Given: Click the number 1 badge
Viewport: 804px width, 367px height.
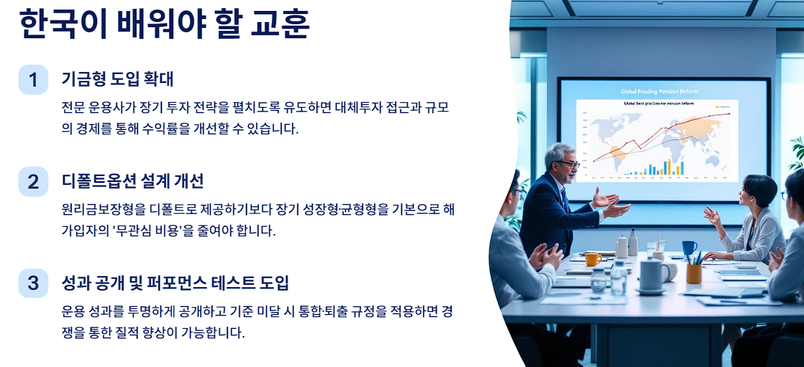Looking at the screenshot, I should coord(33,79).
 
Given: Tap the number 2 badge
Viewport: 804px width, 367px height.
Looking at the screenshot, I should coord(33,181).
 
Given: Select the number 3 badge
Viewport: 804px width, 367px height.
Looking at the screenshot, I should coord(33,283).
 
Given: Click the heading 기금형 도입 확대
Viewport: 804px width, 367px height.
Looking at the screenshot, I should coord(117,79).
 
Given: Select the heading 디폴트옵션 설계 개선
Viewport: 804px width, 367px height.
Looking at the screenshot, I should coord(133,181).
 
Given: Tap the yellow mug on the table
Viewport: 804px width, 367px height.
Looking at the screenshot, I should coord(593,259).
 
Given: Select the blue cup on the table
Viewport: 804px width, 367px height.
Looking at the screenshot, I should coord(689,247).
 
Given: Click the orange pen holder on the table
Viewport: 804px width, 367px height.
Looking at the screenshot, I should coord(694,273).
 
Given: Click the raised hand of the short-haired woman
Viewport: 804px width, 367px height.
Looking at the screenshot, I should coord(711,215).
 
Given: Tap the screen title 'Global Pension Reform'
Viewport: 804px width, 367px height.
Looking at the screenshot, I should coord(659,92).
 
